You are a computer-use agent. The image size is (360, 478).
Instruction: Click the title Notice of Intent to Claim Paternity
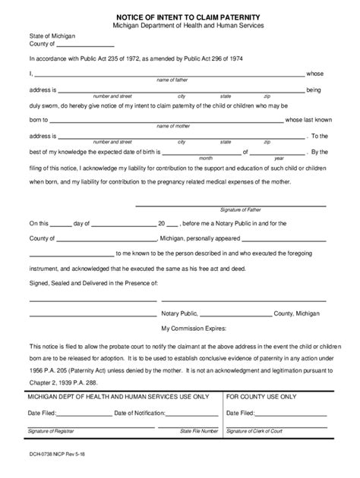(x=181, y=15)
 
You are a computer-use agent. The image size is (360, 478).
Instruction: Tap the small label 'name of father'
(x=174, y=79)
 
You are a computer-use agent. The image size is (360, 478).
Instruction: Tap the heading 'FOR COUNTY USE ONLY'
(x=261, y=397)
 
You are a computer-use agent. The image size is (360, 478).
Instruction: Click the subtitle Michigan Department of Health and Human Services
(x=181, y=26)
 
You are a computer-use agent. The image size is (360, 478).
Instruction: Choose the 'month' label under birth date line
(x=205, y=159)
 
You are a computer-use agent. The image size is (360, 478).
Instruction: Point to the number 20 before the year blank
(x=161, y=225)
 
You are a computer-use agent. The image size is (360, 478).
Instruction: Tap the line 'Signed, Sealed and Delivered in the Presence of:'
(x=93, y=283)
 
